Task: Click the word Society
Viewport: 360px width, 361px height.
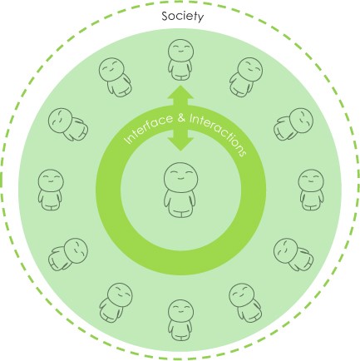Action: (183, 17)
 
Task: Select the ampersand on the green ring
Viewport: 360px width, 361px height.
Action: (181, 118)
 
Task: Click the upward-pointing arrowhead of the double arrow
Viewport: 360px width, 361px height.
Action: (180, 92)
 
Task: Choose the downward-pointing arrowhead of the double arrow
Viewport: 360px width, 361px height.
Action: (180, 144)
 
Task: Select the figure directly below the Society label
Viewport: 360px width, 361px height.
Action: (180, 60)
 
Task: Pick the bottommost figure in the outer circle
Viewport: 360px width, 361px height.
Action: (180, 320)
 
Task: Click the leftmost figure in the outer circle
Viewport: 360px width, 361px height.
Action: (51, 190)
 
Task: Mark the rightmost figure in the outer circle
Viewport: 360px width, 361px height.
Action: (311, 190)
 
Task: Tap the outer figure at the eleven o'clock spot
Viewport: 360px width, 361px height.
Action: (115, 77)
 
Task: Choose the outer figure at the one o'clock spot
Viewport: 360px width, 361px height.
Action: (246, 77)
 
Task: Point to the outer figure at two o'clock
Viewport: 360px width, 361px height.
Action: (293, 124)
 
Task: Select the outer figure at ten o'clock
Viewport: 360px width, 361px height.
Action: (68, 124)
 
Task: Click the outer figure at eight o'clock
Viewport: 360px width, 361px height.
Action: (68, 255)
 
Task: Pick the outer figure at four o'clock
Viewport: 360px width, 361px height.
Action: (293, 255)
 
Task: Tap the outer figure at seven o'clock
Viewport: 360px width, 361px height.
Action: (116, 303)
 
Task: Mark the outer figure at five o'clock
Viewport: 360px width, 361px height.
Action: (245, 303)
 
